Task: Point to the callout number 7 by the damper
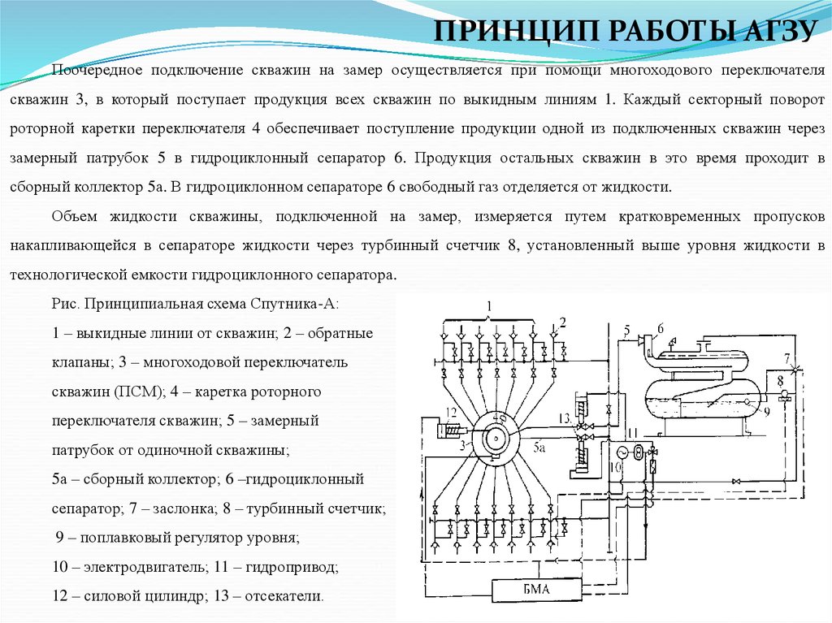click(x=786, y=358)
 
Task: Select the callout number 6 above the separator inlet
click(x=661, y=328)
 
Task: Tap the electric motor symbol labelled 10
click(x=623, y=452)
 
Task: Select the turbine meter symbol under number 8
click(x=783, y=396)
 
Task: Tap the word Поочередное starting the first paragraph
click(x=98, y=71)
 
